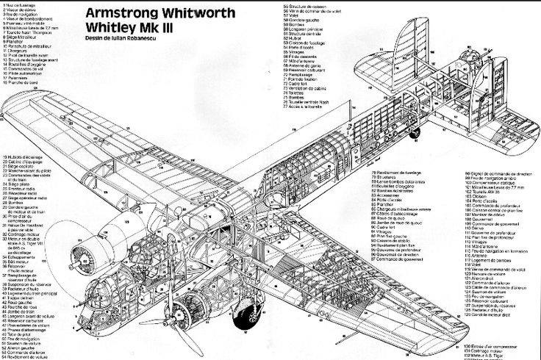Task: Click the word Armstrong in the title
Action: (x=118, y=12)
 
